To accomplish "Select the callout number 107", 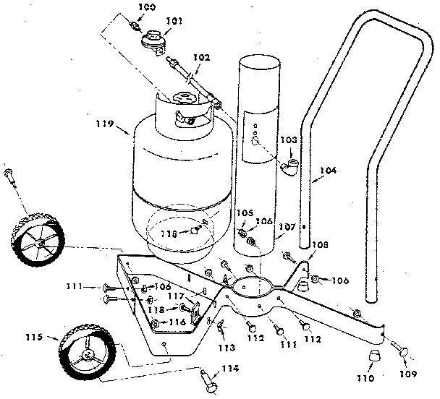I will [287, 227].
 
